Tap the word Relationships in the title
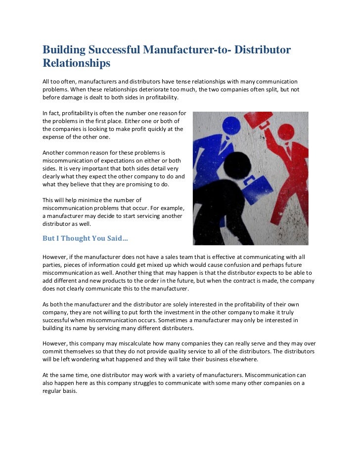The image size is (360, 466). click(x=76, y=64)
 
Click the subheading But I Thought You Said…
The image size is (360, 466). click(x=85, y=238)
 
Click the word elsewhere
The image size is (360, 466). click(x=238, y=359)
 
